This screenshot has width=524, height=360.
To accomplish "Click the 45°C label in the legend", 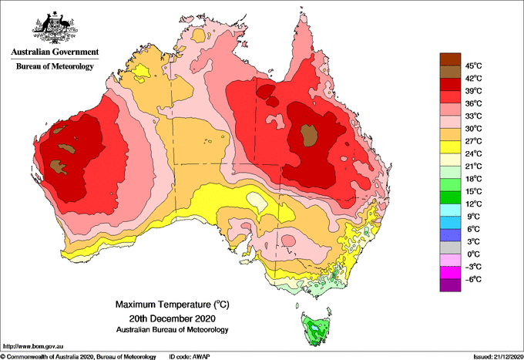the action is tap(473, 66).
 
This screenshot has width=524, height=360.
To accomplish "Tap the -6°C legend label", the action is tap(473, 279).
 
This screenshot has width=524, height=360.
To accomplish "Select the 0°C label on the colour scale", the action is tap(473, 254).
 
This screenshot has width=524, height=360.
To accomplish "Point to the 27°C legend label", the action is tap(473, 141).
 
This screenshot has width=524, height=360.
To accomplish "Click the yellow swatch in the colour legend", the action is tap(450, 147).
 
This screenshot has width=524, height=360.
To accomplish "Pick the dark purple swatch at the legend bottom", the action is tap(450, 285).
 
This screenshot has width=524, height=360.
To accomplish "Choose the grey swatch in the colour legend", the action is tap(450, 247).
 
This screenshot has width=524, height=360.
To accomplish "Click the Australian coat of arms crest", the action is tap(55, 28).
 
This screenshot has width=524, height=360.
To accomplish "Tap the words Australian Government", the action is tap(55, 52).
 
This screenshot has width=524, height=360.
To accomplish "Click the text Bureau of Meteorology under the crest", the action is tap(55, 66).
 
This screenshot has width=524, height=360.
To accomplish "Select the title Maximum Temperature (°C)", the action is tap(173, 304).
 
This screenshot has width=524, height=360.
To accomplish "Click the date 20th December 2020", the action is tap(173, 318).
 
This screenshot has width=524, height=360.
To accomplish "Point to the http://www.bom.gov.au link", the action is tap(33, 346).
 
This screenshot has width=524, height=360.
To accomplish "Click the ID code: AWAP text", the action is tap(190, 357).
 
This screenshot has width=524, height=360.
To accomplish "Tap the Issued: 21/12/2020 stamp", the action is tap(498, 357).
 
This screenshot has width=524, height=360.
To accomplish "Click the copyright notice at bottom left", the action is tap(78, 357).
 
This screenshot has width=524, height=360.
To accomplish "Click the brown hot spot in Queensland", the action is tap(308, 136).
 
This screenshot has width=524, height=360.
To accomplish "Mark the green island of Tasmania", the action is tap(316, 328).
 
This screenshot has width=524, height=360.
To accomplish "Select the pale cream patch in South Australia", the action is tap(257, 201).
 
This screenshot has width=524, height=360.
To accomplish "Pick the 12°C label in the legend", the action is tap(473, 204).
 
